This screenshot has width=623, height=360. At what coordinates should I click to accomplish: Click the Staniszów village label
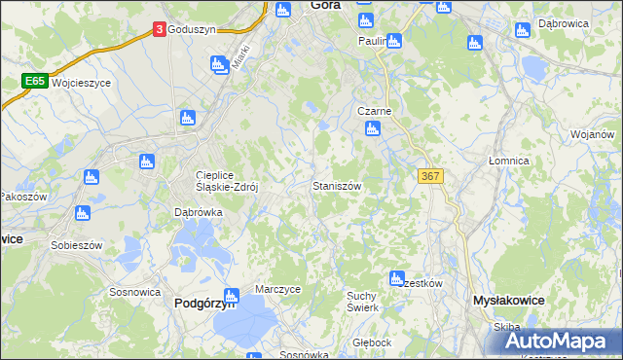point(339,185)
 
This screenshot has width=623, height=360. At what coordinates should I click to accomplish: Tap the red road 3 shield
point(159,30)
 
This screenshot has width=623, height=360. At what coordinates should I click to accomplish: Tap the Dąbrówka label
point(199,211)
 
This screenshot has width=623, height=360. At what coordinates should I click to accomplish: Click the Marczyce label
point(277,289)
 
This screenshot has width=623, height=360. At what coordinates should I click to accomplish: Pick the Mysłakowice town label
point(507,302)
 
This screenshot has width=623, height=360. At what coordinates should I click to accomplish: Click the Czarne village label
point(375,111)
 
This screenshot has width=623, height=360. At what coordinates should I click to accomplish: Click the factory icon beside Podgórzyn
point(231,295)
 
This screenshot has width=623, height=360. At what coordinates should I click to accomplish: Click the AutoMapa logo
point(565,341)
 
